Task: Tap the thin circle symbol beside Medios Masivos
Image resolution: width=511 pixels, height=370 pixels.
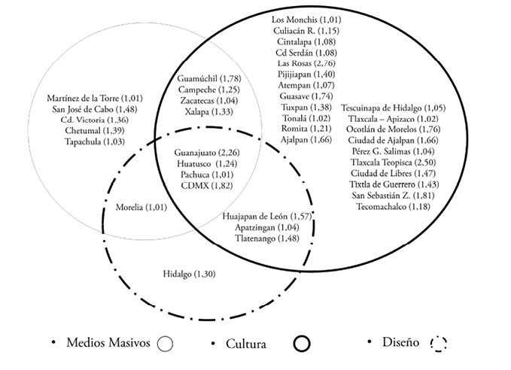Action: click(166, 343)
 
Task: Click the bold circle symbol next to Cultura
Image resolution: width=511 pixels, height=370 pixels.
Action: click(303, 343)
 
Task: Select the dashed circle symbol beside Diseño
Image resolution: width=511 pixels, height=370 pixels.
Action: click(438, 343)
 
